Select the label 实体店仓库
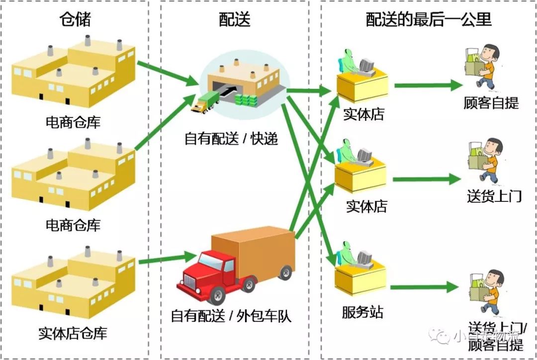[73, 333]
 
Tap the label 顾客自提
[491, 103]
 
